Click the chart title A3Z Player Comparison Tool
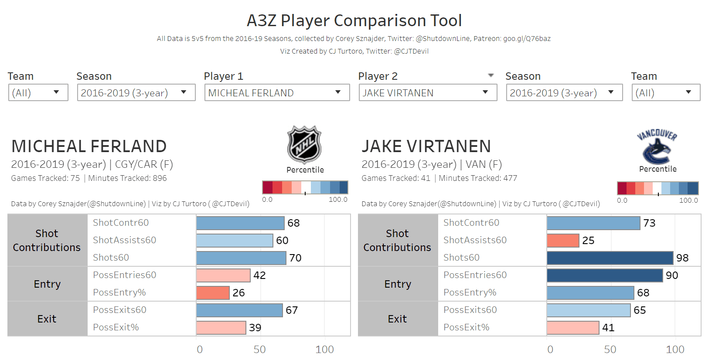point(354,20)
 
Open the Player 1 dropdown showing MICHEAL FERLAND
point(277,92)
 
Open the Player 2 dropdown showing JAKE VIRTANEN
point(427,92)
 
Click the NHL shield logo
point(304,145)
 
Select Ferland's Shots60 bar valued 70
point(241,258)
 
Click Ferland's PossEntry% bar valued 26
point(213,292)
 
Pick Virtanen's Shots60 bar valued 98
point(610,258)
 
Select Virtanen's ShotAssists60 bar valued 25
point(563,240)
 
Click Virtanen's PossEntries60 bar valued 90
point(605,275)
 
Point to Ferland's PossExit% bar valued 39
point(221,327)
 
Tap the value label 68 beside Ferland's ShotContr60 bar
point(293,223)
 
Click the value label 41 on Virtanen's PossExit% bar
point(608,328)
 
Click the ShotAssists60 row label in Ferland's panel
point(124,240)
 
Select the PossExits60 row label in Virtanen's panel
point(470,310)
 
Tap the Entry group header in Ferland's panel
point(47,284)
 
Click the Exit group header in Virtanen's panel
point(397,319)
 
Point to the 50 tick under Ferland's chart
point(260,350)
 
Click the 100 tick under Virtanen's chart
point(675,350)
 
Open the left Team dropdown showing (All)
point(38,92)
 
